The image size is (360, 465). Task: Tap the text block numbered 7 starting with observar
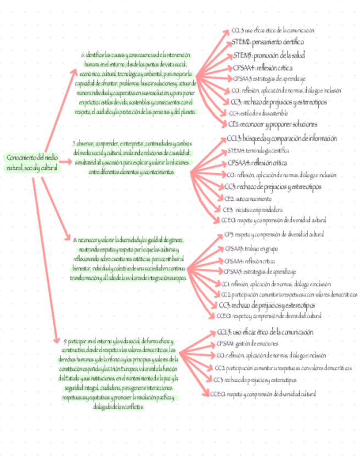click(132, 158)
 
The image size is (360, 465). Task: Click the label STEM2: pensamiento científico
click(267, 42)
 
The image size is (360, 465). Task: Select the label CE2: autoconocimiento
click(248, 199)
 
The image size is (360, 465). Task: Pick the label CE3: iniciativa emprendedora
click(253, 209)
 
